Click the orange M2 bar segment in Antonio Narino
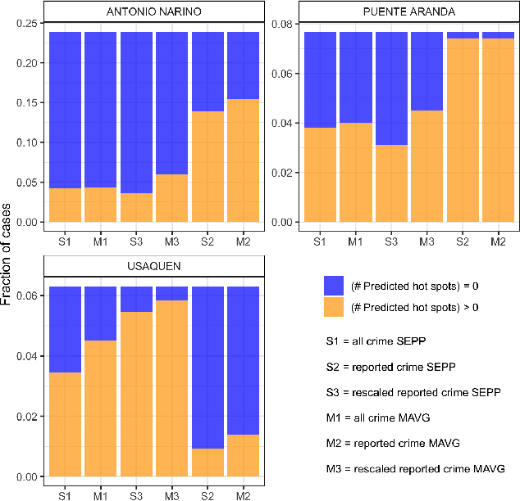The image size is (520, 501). click(x=243, y=160)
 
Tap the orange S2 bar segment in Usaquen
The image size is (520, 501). click(x=208, y=463)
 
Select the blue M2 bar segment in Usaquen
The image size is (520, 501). click(x=243, y=360)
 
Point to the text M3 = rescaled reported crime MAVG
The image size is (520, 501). click(x=411, y=469)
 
